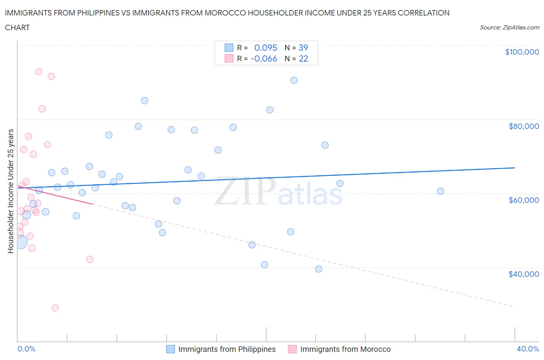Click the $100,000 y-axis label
[x=522, y=52]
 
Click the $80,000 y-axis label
[x=523, y=126]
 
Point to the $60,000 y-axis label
[x=523, y=200]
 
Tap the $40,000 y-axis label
[x=523, y=274]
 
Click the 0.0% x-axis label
[x=26, y=349]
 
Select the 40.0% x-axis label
[x=527, y=349]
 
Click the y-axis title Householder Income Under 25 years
[x=10, y=191]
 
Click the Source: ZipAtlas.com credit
[x=509, y=27]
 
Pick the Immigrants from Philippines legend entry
[x=226, y=349]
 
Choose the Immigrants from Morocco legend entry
[x=345, y=349]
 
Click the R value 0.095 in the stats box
[x=265, y=48]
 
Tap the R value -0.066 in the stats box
[x=264, y=58]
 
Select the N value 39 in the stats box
[x=303, y=48]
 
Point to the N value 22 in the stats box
[x=303, y=58]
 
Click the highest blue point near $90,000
[x=294, y=81]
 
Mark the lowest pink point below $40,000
[x=55, y=308]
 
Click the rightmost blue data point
[x=440, y=191]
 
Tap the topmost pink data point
[x=39, y=72]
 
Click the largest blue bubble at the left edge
[x=20, y=242]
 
